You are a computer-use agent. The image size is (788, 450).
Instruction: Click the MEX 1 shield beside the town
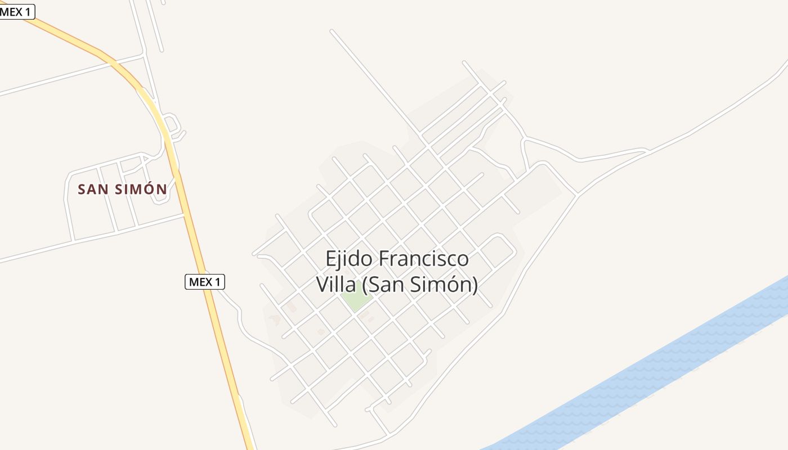click(205, 282)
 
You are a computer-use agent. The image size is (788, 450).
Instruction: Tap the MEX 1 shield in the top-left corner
click(17, 11)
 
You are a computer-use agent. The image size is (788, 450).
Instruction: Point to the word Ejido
click(349, 259)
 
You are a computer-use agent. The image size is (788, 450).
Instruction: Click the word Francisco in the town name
click(423, 259)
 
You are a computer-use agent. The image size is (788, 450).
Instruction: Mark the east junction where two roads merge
click(577, 195)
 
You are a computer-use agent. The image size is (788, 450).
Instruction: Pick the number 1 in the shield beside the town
click(218, 282)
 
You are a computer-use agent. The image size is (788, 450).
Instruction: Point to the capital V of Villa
click(322, 284)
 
